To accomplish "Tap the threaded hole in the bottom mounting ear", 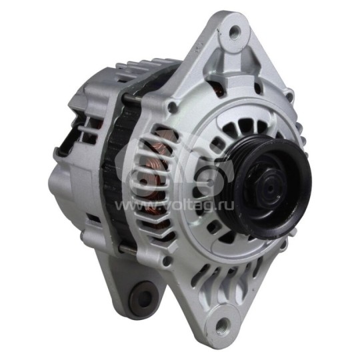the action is click(x=223, y=325).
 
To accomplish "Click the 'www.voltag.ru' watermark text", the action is click(x=174, y=205).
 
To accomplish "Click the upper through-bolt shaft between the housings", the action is click(x=133, y=97).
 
